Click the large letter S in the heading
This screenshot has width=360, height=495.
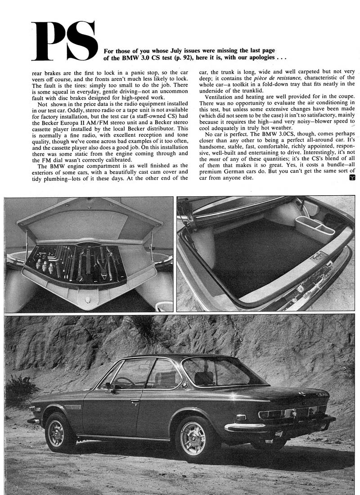(81, 41)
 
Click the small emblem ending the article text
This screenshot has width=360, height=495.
(351, 178)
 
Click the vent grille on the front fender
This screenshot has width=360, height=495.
(72, 406)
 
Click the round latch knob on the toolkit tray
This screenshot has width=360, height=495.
(88, 300)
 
